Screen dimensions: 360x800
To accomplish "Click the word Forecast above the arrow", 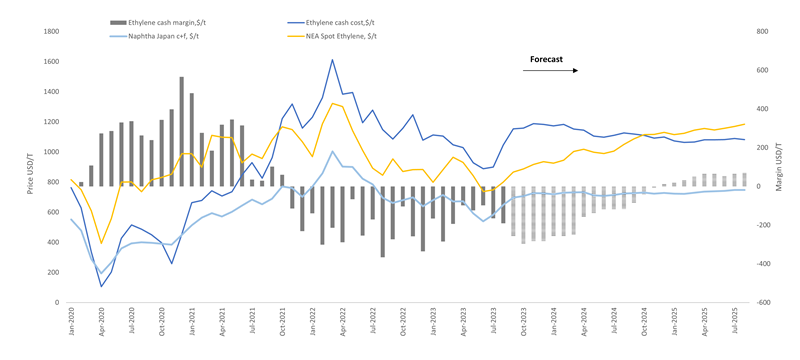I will pos(545,60).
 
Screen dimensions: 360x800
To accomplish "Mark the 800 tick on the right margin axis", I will pos(761,32).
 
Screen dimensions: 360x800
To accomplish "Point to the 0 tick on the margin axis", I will pos(757,186).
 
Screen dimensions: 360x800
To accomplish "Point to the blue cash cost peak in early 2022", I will pos(332,60).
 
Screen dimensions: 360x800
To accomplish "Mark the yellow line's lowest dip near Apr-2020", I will pos(101,243).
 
